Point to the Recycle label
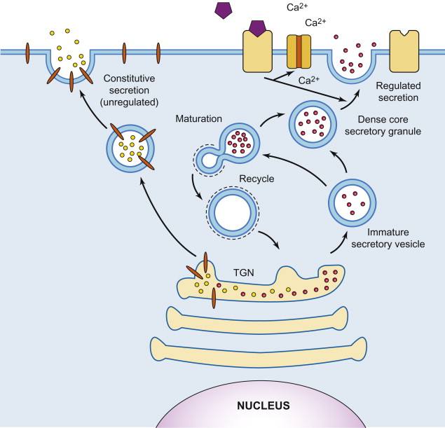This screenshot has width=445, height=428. click(256, 179)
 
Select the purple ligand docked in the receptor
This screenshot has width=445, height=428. click(256, 29)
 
